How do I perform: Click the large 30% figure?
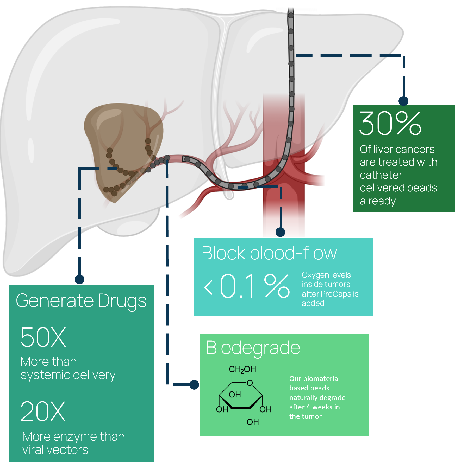pyautogui.click(x=390, y=124)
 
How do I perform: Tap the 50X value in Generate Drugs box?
pyautogui.click(x=43, y=337)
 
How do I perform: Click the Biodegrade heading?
pyautogui.click(x=253, y=348)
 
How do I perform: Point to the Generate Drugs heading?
pyautogui.click(x=81, y=301)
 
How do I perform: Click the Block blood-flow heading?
pyautogui.click(x=269, y=253)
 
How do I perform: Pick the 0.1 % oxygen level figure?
pyautogui.click(x=255, y=286)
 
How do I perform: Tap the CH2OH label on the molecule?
pyautogui.click(x=242, y=369)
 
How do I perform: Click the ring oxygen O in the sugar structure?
pyautogui.click(x=250, y=383)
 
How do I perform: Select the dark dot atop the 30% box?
pyautogui.click(x=403, y=101)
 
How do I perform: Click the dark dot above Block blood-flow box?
pyautogui.click(x=280, y=232)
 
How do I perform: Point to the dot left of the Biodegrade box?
pyautogui.click(x=194, y=384)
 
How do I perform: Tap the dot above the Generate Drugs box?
pyautogui.click(x=79, y=279)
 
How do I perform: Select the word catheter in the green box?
pyautogui.click(x=381, y=175)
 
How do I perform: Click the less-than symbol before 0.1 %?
pyautogui.click(x=208, y=287)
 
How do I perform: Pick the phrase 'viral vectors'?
pyautogui.click(x=55, y=450)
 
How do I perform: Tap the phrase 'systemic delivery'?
pyautogui.click(x=68, y=375)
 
